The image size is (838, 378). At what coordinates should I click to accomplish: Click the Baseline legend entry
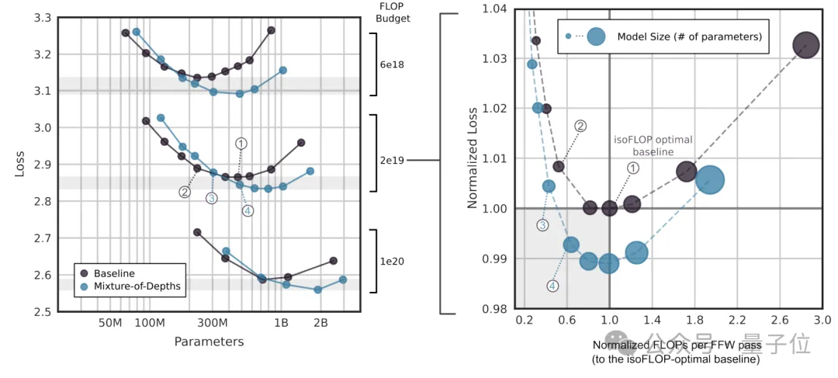click(x=113, y=273)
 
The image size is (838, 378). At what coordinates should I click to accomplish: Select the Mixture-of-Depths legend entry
click(x=136, y=286)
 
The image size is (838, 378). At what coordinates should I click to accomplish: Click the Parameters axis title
click(x=209, y=342)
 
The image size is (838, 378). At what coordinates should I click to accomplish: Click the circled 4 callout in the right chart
click(x=552, y=286)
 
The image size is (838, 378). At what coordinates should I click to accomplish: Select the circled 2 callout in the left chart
click(x=185, y=192)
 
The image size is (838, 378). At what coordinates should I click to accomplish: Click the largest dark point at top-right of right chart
click(x=806, y=46)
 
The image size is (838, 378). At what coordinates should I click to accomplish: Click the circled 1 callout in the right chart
click(x=632, y=167)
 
